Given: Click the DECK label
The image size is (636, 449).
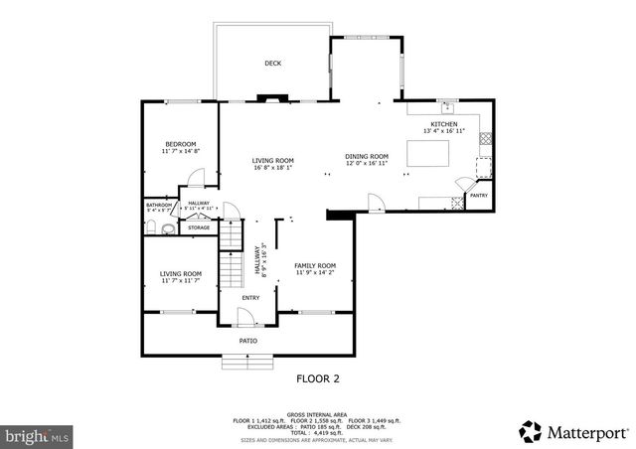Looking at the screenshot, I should tap(272, 64).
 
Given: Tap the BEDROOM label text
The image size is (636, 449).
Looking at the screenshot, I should tap(180, 144).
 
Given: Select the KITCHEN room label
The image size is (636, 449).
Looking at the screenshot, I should tap(443, 124).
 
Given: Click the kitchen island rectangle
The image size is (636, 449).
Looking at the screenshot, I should tap(428, 153).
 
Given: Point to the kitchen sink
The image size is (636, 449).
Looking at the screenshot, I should tap(448, 105).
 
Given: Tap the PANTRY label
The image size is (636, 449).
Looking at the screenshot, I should tap(478, 196).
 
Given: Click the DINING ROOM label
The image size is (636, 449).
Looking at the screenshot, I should tap(367, 156).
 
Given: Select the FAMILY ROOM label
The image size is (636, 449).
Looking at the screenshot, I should tap(314, 265).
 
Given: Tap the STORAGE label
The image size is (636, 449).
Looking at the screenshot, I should tap(198, 227).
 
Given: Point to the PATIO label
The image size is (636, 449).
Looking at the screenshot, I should tap(248, 341).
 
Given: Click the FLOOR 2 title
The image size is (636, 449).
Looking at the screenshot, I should tap(318, 377).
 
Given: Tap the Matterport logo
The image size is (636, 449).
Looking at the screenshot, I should tap(574, 431).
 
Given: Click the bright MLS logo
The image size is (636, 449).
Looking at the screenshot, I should tap(37, 435).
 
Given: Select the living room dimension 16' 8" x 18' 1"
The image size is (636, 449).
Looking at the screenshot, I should tap(271, 167).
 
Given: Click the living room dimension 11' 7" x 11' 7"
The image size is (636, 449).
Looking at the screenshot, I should tap(181, 280).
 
